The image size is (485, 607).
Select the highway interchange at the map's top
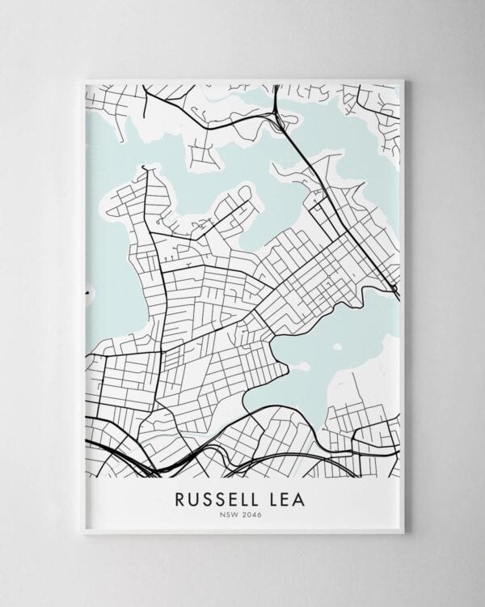click(x=279, y=119)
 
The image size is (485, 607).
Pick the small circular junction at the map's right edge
click(x=395, y=290)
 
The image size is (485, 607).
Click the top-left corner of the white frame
click(x=84, y=79)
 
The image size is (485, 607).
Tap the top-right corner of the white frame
click(x=403, y=79)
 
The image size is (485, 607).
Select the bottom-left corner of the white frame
click(x=84, y=533)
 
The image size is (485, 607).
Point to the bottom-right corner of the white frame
click(x=403, y=533)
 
